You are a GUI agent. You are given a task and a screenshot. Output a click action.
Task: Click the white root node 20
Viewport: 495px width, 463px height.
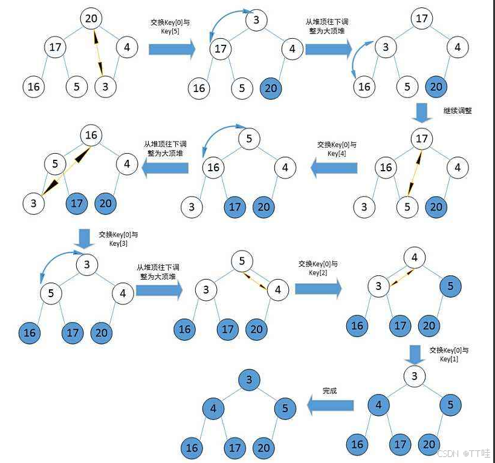pyautogui.click(x=91, y=18)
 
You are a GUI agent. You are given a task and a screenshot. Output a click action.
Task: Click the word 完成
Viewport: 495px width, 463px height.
pyautogui.click(x=329, y=391)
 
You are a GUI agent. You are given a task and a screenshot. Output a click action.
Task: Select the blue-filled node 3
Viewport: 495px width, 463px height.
pyautogui.click(x=249, y=380)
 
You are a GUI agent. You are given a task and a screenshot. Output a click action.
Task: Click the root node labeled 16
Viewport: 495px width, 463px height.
pyautogui.click(x=91, y=135)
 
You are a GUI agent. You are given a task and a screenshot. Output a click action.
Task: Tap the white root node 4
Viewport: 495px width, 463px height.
pyautogui.click(x=414, y=258)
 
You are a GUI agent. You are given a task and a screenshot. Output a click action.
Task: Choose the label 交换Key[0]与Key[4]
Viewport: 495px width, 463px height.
pyautogui.click(x=337, y=149)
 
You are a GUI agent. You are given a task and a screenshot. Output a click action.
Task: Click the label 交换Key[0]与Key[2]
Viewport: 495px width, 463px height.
pyautogui.click(x=318, y=268)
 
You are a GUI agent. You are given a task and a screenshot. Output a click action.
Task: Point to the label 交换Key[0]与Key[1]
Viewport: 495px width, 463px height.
pyautogui.click(x=448, y=355)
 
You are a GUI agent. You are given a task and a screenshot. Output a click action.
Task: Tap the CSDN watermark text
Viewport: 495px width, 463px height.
pyautogui.click(x=462, y=453)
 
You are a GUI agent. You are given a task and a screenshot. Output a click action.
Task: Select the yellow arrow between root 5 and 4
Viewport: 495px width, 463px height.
pyautogui.click(x=256, y=280)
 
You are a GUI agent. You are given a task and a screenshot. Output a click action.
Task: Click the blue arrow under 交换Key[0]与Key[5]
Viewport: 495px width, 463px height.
pyautogui.click(x=172, y=48)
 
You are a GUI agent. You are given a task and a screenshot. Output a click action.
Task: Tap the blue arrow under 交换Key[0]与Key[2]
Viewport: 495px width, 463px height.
pyautogui.click(x=318, y=289)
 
